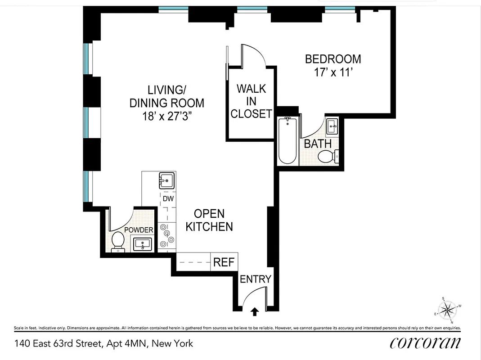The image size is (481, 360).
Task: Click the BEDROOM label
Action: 333,59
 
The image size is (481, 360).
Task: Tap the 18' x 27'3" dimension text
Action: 167,117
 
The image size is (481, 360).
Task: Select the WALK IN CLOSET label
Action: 251,101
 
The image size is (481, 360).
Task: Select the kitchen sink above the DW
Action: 167,180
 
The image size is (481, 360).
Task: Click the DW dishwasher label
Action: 168,198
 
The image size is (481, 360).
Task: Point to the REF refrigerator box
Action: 224,262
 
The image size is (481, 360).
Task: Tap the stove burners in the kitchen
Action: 167,234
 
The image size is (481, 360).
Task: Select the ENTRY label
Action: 255,279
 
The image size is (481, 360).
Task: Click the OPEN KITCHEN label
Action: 209,220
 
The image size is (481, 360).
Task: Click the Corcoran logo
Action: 425,343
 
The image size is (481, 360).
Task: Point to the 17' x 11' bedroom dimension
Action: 333,73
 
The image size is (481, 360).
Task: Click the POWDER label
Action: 139,230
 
